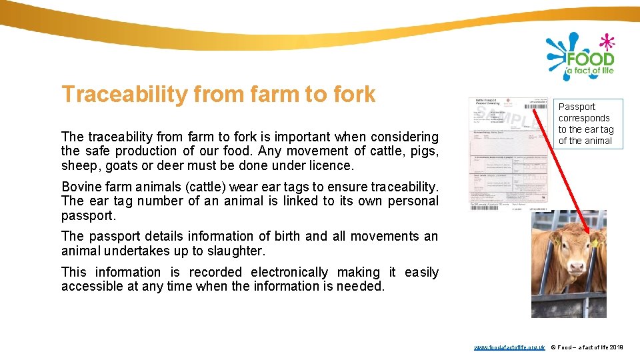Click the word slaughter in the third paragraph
coord(239,251)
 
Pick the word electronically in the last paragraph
coord(289,272)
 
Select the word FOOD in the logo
coord(590,57)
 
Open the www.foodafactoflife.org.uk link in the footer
coord(509,348)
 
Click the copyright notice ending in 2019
coord(587,348)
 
